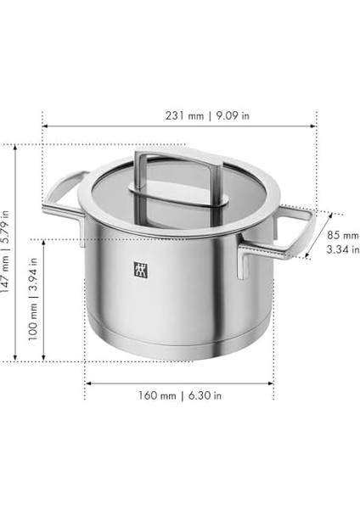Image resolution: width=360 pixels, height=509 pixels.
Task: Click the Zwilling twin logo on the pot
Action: (x=141, y=270)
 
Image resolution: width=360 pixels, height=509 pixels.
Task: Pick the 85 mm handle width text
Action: (x=343, y=235)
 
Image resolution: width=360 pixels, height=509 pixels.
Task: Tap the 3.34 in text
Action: (x=343, y=249)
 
